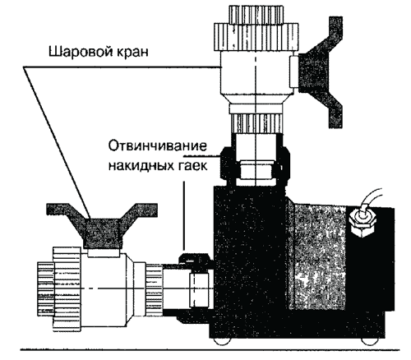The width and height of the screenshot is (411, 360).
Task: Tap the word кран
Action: (x=133, y=52)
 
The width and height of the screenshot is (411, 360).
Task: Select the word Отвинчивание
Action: (x=157, y=146)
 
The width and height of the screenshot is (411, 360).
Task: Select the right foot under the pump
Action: (x=369, y=341)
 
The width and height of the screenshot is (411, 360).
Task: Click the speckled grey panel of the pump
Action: (x=317, y=257)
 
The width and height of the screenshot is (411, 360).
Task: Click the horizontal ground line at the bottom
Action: (x=210, y=349)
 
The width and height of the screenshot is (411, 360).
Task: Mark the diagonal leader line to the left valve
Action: (x=57, y=142)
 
